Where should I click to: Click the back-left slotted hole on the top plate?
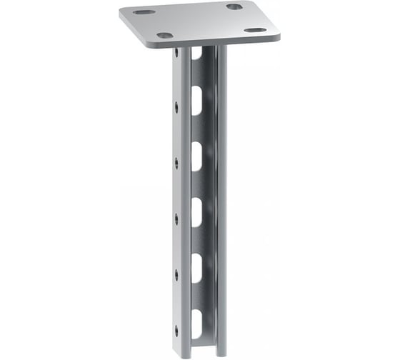(143, 12)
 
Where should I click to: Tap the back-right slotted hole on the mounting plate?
(234, 6)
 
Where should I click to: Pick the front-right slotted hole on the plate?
(254, 30)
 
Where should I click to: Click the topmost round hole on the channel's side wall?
(176, 53)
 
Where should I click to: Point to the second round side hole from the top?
(176, 107)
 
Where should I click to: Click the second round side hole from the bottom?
(176, 273)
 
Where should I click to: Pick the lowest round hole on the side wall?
(176, 328)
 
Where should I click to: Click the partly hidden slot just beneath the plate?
(196, 54)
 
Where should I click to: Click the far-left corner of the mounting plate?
(121, 12)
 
